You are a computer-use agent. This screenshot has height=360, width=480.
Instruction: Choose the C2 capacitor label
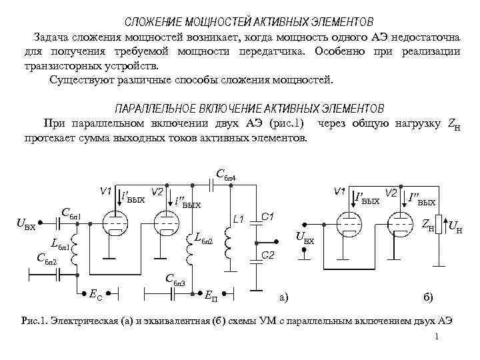coord(268,255)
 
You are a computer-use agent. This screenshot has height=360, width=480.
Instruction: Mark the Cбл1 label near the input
coord(70,214)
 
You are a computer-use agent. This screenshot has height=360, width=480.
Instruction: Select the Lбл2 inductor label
coord(204,237)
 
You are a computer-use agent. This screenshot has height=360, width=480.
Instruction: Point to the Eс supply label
coord(95,291)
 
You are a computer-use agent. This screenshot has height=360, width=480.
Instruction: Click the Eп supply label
coord(209,293)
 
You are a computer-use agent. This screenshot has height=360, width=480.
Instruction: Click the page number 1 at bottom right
coord(435,337)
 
